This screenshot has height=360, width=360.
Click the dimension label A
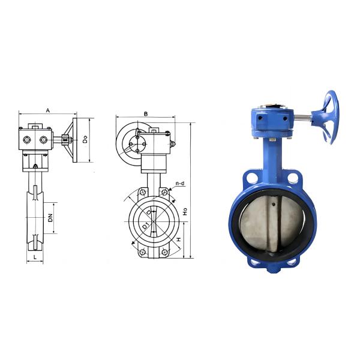pyautogui.click(x=47, y=110)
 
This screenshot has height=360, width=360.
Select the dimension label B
pyautogui.click(x=145, y=113)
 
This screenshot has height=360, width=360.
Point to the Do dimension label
pyautogui.click(x=86, y=139)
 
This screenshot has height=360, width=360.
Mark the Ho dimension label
pyautogui.click(x=186, y=211)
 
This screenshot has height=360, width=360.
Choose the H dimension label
pyautogui.click(x=178, y=239)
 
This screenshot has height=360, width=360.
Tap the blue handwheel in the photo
pyautogui.click(x=329, y=116)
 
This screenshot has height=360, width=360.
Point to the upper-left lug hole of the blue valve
pyautogui.click(x=248, y=178)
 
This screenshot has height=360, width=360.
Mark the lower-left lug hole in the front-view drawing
pyautogui.click(x=142, y=252)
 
